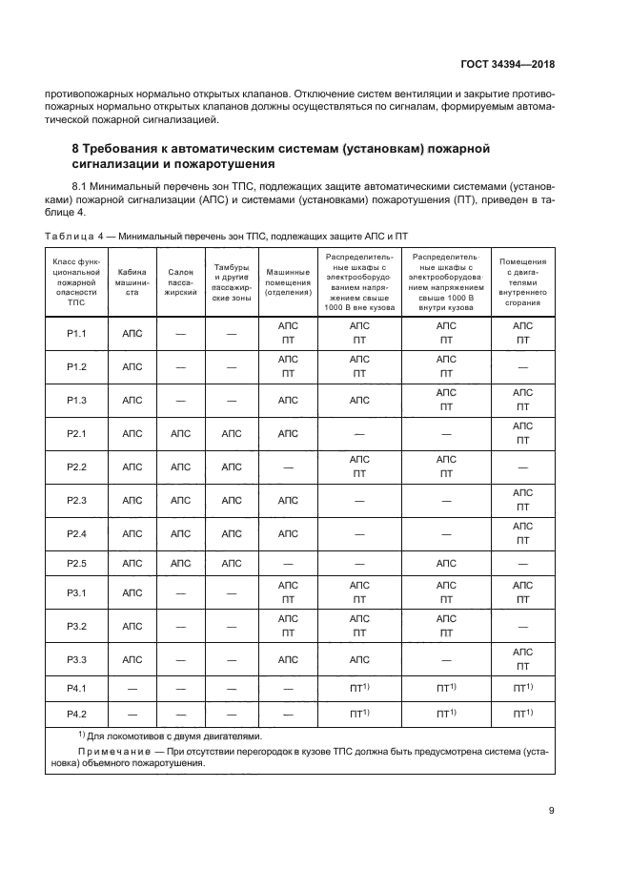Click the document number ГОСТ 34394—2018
tap(506, 64)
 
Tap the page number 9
tap(552, 811)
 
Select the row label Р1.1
tap(77, 333)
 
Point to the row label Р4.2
tap(77, 713)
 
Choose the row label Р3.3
tap(77, 658)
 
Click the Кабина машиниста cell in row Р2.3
tap(132, 500)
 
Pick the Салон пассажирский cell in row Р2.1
tap(181, 433)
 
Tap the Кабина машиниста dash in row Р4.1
tap(132, 687)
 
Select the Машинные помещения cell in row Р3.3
tap(288, 658)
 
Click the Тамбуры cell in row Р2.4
tap(232, 533)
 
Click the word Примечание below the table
tap(104, 752)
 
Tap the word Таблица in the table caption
tap(70, 234)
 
